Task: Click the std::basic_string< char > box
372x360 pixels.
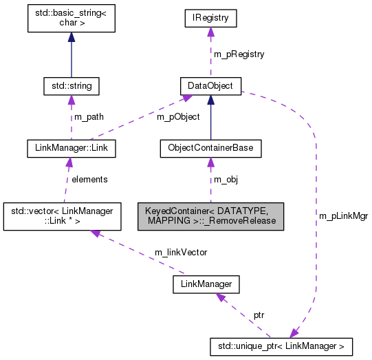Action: point(71,21)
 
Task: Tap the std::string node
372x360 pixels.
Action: point(71,86)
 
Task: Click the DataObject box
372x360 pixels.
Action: point(210,86)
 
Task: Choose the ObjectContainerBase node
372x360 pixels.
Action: point(210,147)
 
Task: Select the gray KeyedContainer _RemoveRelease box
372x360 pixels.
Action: point(210,216)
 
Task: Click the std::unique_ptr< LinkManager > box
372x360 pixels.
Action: point(281,344)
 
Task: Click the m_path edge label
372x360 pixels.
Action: point(89,116)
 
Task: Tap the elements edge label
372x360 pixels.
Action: point(89,179)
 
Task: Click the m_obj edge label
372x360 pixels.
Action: point(226,179)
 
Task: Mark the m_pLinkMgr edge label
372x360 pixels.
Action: point(343,215)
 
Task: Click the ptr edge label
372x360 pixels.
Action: point(259,314)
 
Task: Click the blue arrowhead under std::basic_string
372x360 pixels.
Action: point(71,38)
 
